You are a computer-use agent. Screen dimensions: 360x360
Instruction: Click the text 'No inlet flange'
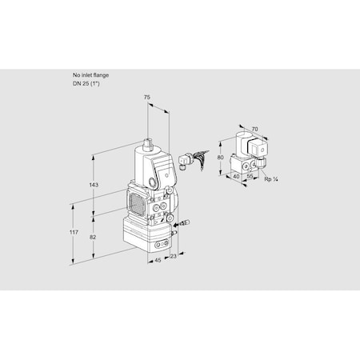tap(90, 75)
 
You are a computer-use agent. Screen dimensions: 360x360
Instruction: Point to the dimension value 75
tap(147, 98)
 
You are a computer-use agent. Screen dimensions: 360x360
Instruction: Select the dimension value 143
tap(94, 185)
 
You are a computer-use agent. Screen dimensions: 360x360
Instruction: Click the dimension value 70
tap(255, 127)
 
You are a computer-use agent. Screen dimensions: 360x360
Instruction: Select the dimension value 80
tap(222, 158)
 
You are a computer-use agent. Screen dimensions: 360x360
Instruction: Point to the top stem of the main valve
tap(148, 143)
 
